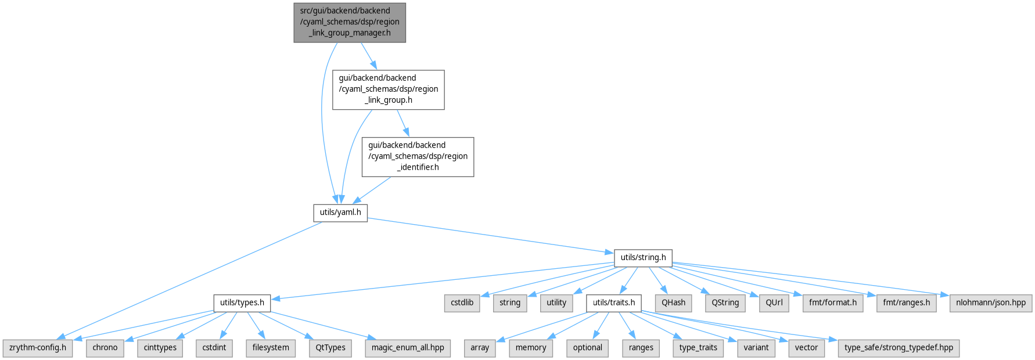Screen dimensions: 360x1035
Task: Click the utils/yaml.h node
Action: [340, 213]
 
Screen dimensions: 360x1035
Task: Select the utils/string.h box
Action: [643, 258]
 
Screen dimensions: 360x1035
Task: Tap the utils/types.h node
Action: [242, 303]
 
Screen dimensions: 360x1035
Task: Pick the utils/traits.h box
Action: [614, 303]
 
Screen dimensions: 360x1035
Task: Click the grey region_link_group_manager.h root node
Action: [350, 22]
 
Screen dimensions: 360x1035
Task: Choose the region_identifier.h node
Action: [418, 157]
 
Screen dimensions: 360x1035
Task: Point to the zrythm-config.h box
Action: [38, 348]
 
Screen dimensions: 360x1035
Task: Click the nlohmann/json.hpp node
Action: [991, 303]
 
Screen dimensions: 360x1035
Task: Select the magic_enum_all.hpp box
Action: [408, 348]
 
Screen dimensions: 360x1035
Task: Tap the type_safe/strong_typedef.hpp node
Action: [899, 348]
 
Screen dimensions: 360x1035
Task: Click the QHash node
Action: [673, 303]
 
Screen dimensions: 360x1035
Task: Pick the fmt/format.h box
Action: [833, 303]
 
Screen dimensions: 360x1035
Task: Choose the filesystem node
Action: [271, 348]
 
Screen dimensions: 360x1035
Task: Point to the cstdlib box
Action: [462, 303]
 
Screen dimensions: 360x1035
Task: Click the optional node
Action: [587, 348]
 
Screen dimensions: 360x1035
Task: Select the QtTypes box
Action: [330, 348]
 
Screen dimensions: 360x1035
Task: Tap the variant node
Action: [756, 348]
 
